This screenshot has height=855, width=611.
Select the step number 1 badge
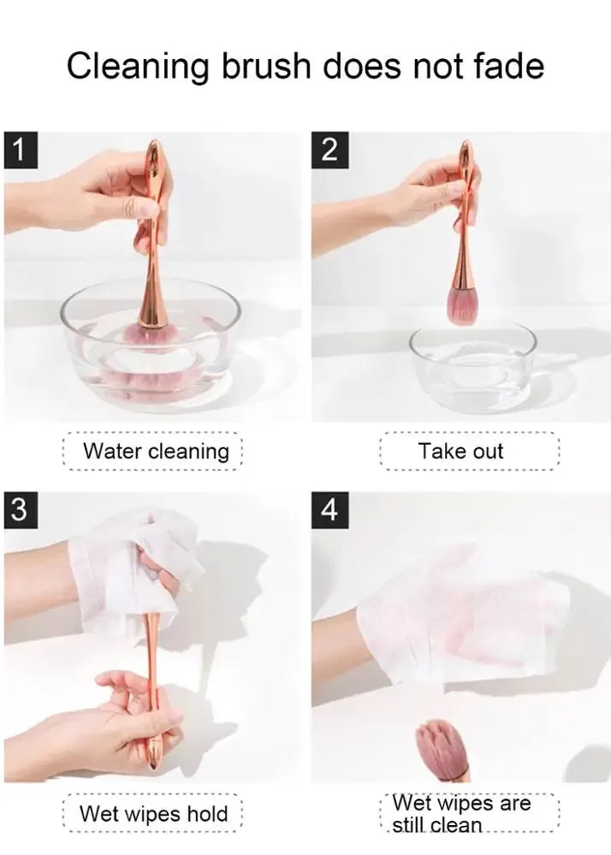(21, 150)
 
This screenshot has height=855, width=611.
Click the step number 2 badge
(329, 150)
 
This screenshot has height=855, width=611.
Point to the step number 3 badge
(21, 510)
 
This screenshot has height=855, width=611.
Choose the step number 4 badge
(329, 510)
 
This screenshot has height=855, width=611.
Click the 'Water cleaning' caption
(156, 451)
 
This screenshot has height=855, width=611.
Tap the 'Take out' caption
(460, 451)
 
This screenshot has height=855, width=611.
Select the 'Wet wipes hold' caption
(153, 814)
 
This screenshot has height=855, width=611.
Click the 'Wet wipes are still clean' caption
(461, 814)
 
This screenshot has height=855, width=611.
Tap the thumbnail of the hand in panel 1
(148, 209)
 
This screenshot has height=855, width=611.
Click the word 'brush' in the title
(265, 67)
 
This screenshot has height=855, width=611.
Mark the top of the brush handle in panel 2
(466, 143)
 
